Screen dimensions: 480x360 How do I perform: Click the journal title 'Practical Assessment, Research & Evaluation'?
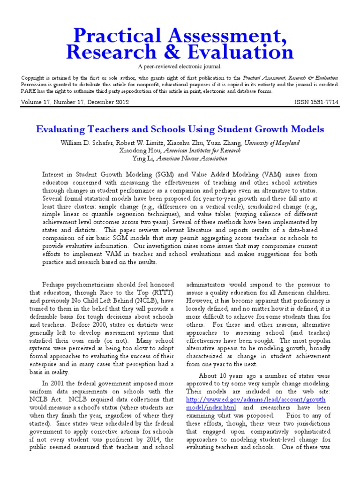180,44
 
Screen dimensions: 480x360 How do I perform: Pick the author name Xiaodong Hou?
140,150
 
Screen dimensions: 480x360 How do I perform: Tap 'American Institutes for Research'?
202,150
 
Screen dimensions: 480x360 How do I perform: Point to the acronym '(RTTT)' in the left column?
162,293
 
